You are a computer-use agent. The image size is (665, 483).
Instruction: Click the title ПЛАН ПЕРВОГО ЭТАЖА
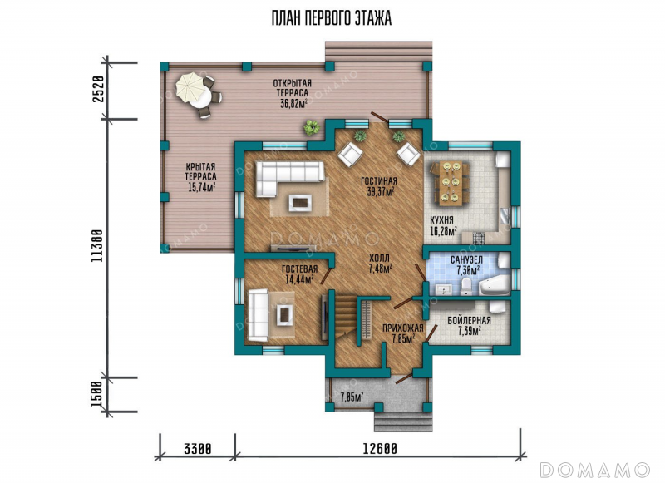(331, 18)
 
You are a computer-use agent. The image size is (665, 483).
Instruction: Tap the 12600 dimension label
(380, 448)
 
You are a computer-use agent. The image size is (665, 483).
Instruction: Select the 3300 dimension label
(197, 448)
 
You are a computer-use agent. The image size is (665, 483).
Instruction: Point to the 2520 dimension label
(98, 89)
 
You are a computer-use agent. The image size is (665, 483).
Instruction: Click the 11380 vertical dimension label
(97, 246)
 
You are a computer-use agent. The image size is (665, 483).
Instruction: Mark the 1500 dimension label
(97, 394)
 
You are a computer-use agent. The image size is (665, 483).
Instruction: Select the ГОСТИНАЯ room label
(379, 181)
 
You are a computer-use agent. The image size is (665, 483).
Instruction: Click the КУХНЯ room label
(441, 220)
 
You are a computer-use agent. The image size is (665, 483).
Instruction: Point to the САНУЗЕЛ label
(466, 259)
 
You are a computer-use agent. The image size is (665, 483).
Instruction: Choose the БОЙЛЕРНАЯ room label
(469, 321)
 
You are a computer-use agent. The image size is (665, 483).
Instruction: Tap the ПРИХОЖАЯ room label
(403, 328)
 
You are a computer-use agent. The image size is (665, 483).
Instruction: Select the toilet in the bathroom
(466, 287)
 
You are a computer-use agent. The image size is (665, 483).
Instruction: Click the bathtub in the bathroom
(495, 285)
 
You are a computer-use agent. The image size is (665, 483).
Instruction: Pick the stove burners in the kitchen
(479, 239)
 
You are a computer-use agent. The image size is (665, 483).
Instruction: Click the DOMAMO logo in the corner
(595, 470)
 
